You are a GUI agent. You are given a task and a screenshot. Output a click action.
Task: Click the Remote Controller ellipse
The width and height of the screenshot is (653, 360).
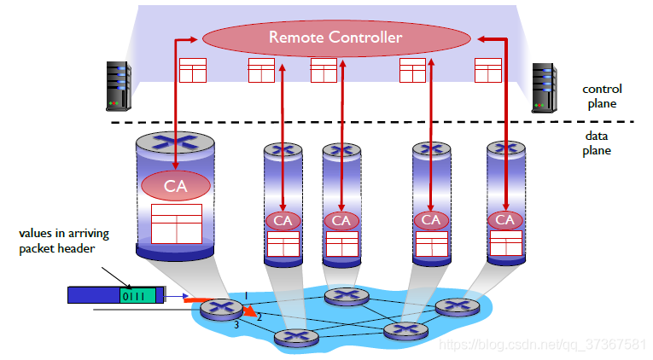(x=335, y=38)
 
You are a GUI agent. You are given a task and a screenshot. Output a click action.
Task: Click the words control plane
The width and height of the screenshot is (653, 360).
(x=601, y=96)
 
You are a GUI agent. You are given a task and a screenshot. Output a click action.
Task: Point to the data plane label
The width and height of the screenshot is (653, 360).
(x=597, y=142)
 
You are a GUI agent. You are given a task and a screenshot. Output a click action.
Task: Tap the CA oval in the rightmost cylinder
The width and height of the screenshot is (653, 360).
(x=505, y=220)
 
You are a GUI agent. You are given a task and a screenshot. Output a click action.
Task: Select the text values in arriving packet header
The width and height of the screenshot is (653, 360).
(x=64, y=240)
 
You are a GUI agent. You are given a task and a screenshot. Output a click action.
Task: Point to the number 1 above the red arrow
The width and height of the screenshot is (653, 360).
(x=246, y=295)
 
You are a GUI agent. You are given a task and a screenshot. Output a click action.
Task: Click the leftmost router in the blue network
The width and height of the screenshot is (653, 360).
(x=221, y=311)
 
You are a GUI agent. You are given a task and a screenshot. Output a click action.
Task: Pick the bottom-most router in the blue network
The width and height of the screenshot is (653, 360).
(x=295, y=338)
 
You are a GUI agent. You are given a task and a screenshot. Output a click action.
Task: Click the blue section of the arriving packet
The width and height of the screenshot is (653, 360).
(x=93, y=295)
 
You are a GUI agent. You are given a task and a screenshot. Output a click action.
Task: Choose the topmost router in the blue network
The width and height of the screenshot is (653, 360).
(x=345, y=296)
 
